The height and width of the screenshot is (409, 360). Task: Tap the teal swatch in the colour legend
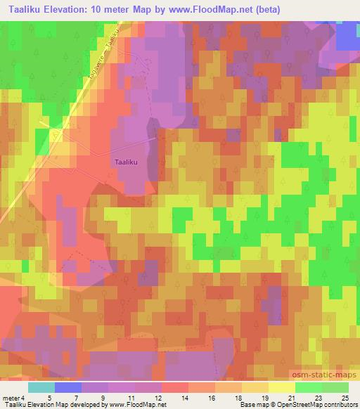[41, 387]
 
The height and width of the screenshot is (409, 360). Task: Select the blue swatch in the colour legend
[67, 387]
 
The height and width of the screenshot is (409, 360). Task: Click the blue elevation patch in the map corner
[348, 35]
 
